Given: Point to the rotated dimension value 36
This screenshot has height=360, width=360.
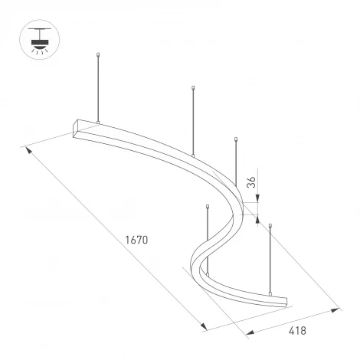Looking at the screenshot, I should pyautogui.click(x=250, y=182).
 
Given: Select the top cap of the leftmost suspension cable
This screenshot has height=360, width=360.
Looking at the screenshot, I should pyautogui.click(x=99, y=54).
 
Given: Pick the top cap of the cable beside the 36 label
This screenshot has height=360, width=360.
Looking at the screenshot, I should pyautogui.click(x=237, y=139).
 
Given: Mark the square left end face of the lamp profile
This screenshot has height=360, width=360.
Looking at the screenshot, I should pyautogui.click(x=81, y=128).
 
